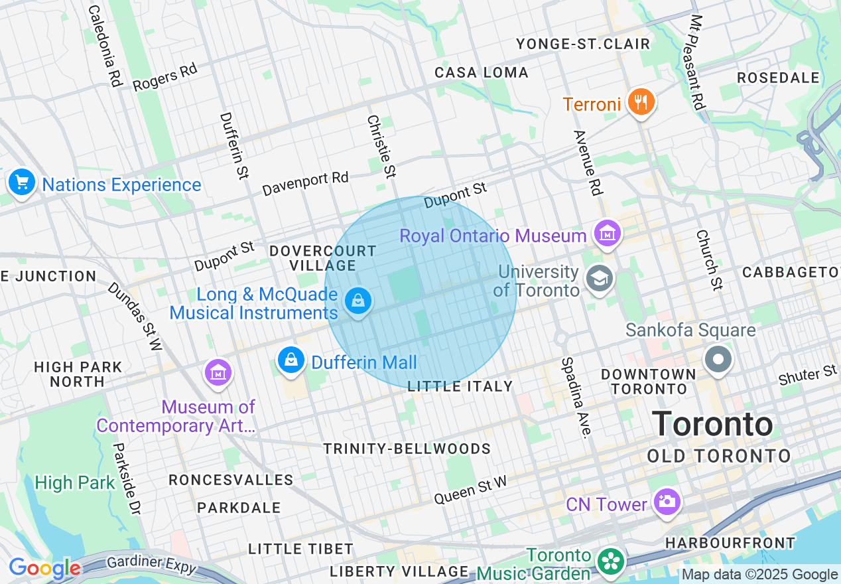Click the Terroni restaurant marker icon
(x=640, y=102)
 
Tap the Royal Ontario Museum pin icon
(x=607, y=233)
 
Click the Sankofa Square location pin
(x=718, y=360)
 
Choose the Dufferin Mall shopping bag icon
(x=291, y=360)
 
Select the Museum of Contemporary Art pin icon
(x=218, y=372)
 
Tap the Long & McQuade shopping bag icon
(x=358, y=301)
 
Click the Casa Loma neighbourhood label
(x=482, y=72)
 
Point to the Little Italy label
(x=460, y=386)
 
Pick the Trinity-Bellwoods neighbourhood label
(x=407, y=449)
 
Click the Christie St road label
(x=381, y=146)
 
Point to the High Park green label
(x=75, y=482)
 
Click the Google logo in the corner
(x=44, y=568)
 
